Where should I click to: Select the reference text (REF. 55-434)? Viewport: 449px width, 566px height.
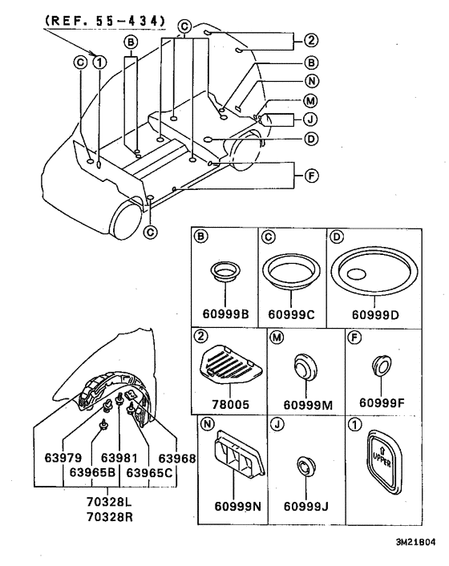click(x=101, y=19)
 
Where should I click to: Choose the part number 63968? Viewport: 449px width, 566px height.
click(x=176, y=459)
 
